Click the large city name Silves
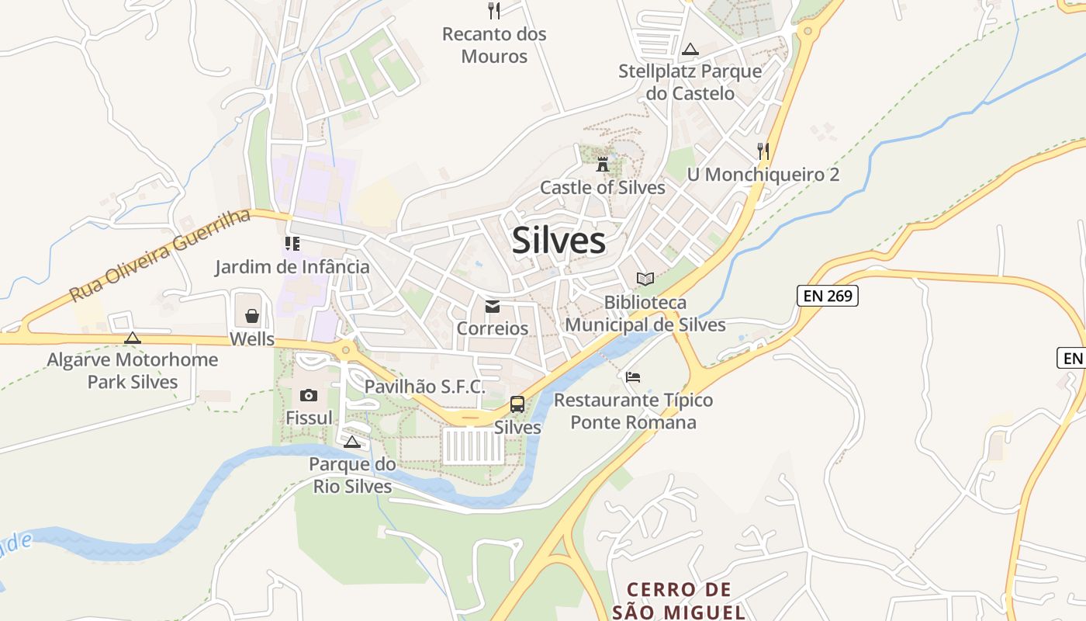(559, 241)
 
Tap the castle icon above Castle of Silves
(603, 164)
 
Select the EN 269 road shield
(827, 295)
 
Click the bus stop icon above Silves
(517, 404)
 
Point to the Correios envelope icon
(493, 307)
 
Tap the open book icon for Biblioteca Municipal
(645, 278)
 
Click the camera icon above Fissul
(309, 395)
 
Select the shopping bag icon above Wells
(252, 316)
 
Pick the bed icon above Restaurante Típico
(633, 377)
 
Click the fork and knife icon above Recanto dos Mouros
(494, 10)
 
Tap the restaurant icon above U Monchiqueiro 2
(763, 151)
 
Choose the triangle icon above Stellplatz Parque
(690, 50)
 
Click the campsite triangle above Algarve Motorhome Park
(133, 338)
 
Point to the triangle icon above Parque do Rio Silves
(352, 442)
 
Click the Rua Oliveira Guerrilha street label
(160, 255)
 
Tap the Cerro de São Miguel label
(679, 600)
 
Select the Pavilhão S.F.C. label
(424, 386)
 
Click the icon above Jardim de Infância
(292, 245)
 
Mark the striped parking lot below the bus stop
(473, 446)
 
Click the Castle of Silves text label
(603, 187)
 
